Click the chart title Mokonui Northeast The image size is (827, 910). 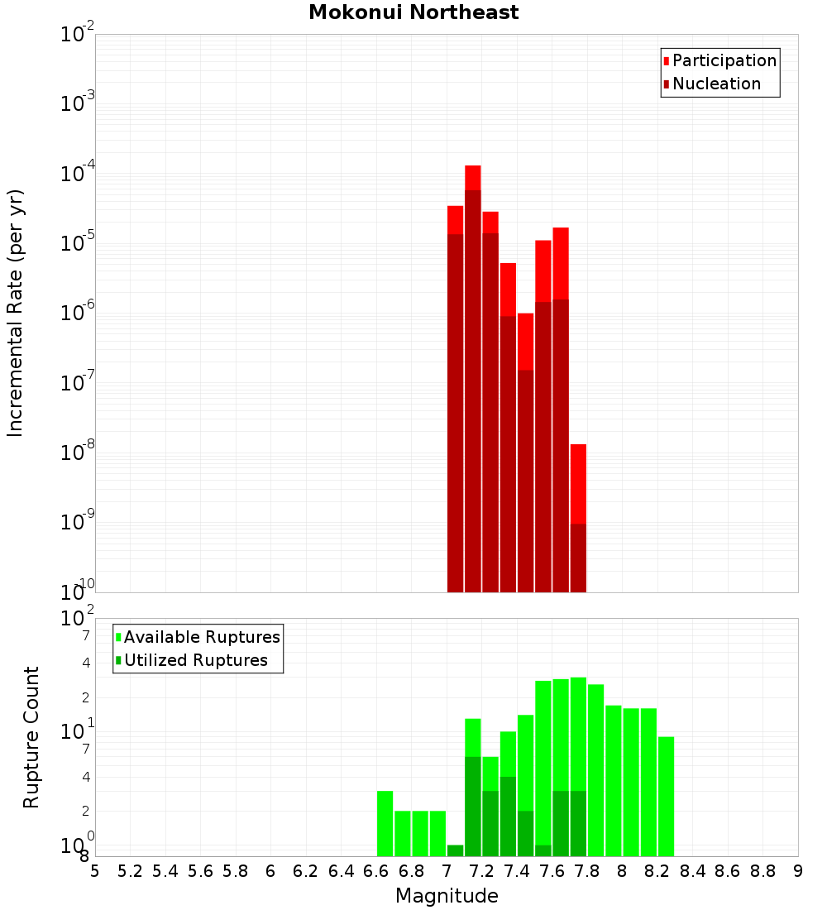coord(413,12)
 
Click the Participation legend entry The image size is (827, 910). coord(724,60)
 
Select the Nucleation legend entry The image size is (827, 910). coord(716,84)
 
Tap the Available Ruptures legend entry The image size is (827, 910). coord(201,637)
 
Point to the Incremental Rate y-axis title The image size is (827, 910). coord(15,313)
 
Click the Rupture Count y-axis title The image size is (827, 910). coord(31,736)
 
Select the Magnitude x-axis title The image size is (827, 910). coord(447,896)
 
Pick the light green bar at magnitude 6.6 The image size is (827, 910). coord(385,823)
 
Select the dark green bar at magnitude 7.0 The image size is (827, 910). coord(455,850)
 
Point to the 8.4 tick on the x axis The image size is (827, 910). coord(692,870)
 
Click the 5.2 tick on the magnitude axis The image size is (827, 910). coord(130,870)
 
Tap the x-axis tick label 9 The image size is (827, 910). coord(798,870)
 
